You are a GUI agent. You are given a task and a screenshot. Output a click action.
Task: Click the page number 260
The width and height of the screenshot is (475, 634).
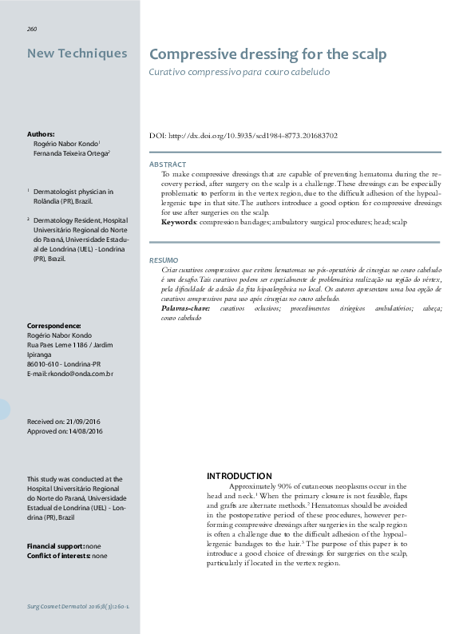tap(32, 29)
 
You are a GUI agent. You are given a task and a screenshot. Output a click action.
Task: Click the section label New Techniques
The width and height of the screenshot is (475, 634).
tap(77, 53)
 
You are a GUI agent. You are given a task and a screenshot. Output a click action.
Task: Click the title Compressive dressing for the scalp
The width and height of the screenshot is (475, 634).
tap(268, 54)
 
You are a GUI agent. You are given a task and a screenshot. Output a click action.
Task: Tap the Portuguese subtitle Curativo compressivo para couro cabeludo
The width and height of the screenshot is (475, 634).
tap(239, 72)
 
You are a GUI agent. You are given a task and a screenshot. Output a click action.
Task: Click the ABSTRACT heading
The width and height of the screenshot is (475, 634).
tap(168, 164)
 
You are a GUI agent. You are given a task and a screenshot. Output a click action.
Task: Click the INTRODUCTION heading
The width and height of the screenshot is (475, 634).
tap(239, 476)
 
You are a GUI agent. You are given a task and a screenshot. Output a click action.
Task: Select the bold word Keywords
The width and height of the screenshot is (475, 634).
tap(180, 221)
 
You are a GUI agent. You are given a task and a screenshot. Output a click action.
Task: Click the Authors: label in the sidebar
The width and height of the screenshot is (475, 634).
tap(41, 134)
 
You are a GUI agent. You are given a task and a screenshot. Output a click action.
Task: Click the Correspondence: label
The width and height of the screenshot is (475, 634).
tap(53, 326)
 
